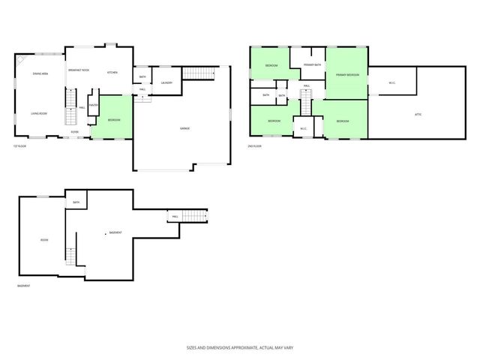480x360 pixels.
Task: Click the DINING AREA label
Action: tap(40, 73)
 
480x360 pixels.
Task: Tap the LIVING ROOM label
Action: tap(40, 113)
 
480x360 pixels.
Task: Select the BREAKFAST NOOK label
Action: tap(79, 69)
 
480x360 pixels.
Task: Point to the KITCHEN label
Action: tap(112, 73)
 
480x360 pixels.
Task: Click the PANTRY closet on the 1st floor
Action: tap(93, 106)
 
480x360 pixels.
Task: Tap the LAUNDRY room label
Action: tap(166, 82)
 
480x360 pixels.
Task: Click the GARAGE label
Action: tap(184, 128)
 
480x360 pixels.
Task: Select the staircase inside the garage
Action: tap(199, 73)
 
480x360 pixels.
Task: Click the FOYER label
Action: tap(75, 131)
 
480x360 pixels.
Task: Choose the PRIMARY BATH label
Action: tap(312, 66)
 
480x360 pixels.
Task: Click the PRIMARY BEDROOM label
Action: tap(347, 75)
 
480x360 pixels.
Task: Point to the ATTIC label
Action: tap(418, 114)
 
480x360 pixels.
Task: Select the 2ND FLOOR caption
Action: tap(256, 145)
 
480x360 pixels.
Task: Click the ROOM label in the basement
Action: tap(43, 240)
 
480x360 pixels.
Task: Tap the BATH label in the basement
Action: tap(76, 202)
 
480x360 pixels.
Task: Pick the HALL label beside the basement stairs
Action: tap(174, 217)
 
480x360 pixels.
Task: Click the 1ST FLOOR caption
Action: tap(19, 145)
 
